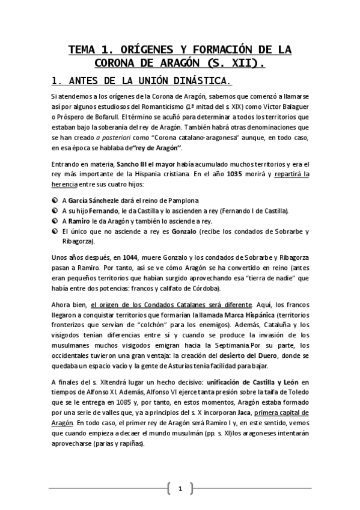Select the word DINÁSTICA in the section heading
click(198, 81)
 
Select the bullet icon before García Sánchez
click(55, 200)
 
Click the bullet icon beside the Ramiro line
click(55, 221)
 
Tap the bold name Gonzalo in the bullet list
click(184, 232)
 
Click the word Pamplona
click(181, 200)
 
